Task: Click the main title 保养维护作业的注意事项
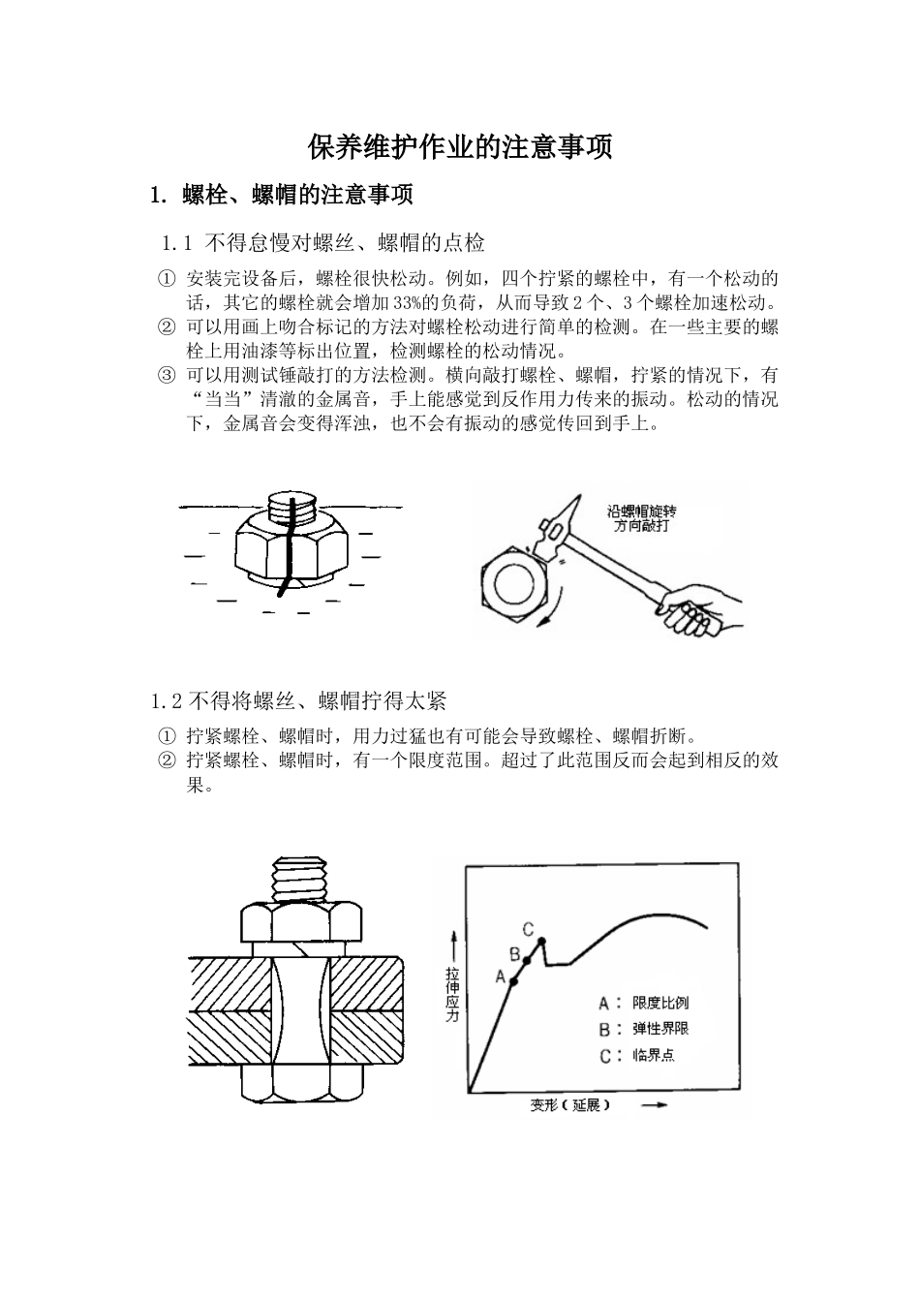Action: [x=460, y=147]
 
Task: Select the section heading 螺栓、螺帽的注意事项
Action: [x=297, y=195]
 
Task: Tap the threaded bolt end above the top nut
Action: [x=299, y=878]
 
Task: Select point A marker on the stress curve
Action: [x=513, y=981]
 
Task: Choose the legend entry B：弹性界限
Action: [x=644, y=1029]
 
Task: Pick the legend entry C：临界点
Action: [x=637, y=1055]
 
